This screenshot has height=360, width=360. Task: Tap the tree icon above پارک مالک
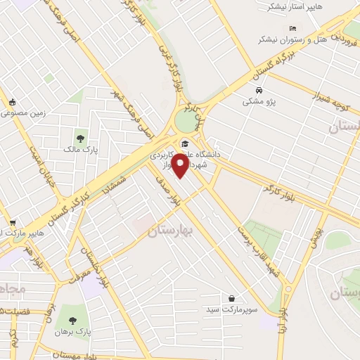click(82, 137)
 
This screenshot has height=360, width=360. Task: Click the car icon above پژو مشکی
click(259, 91)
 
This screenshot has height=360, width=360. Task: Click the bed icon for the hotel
click(293, 28)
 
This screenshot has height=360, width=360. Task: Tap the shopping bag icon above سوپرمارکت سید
click(232, 298)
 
